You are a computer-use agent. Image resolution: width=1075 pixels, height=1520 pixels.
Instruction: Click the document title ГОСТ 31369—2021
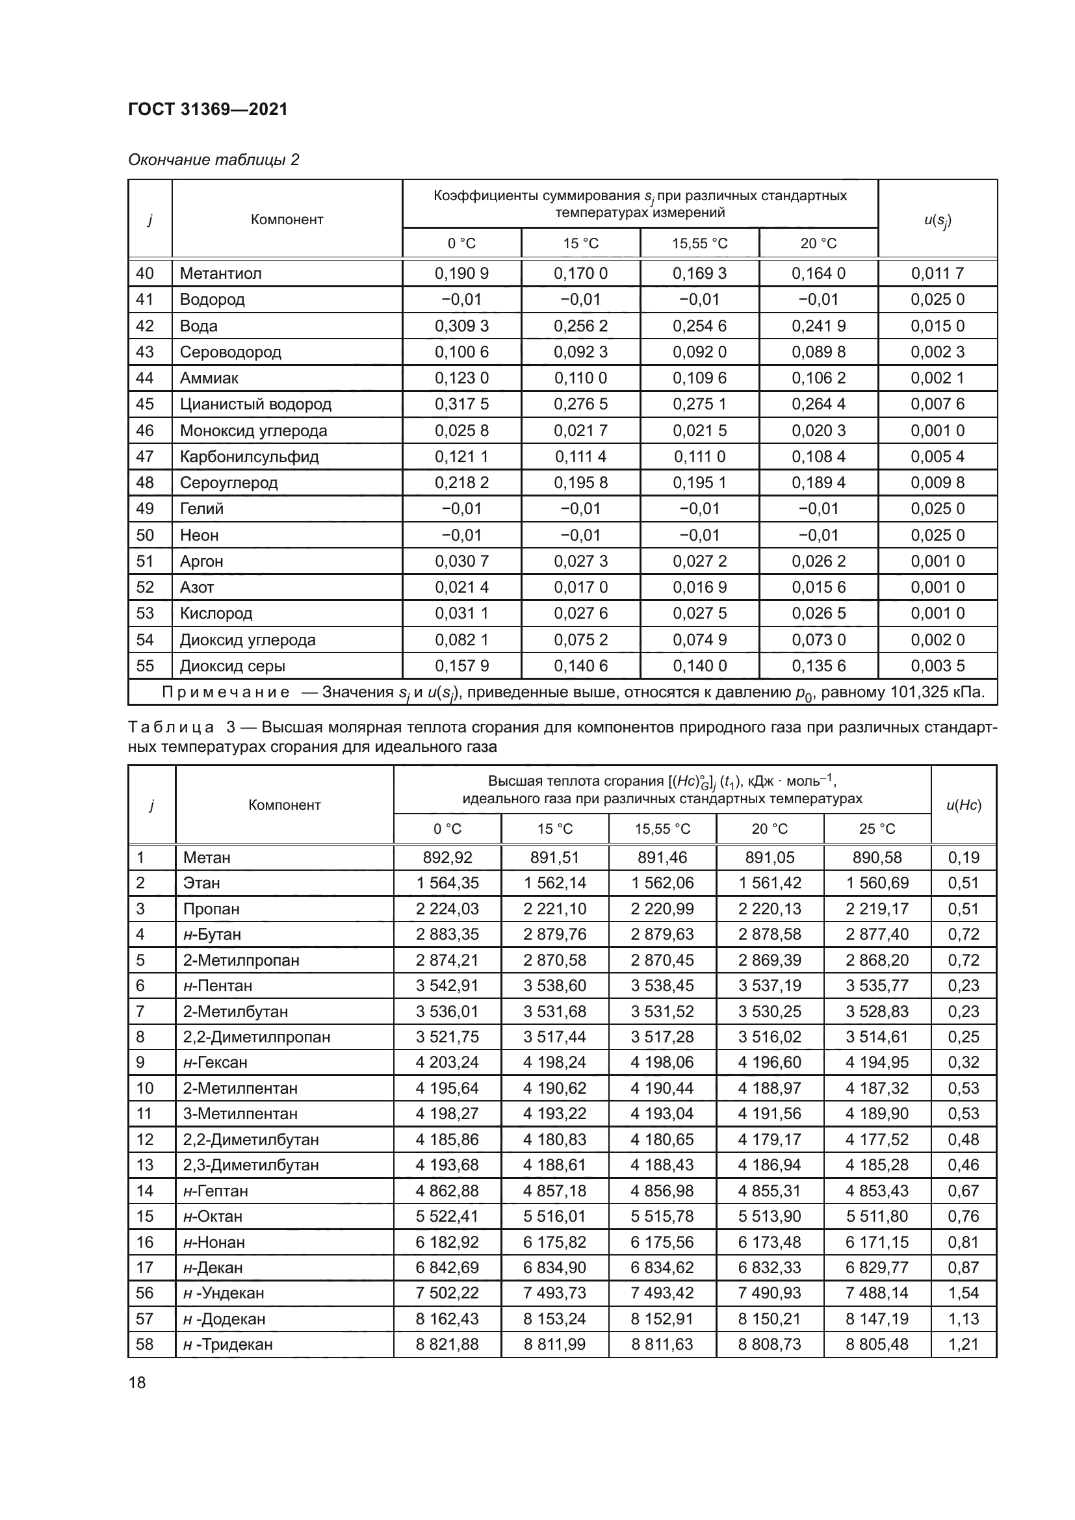point(208,109)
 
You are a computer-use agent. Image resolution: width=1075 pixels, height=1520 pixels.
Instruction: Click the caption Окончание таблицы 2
point(213,160)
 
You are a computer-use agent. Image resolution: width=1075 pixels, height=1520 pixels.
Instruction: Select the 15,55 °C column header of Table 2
point(700,244)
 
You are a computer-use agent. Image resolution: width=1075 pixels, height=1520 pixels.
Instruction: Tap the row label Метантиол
point(220,274)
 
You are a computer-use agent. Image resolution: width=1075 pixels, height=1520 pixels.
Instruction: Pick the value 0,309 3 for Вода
point(461,326)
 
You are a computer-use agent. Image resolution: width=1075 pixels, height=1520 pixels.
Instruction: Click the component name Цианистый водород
point(255,404)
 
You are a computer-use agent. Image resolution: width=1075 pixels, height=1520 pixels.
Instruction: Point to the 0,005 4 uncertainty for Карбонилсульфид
point(937,456)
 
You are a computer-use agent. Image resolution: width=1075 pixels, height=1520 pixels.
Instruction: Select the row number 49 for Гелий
point(145,508)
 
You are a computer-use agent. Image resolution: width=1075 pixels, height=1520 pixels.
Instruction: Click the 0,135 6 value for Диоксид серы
point(819,665)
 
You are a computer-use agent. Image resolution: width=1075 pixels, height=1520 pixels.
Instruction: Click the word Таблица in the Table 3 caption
point(172,728)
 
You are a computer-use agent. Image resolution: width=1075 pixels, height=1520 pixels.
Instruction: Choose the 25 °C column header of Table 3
point(877,829)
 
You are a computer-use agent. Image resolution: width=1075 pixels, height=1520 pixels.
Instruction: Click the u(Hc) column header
point(964,805)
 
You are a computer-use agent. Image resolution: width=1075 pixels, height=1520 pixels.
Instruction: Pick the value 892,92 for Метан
point(447,857)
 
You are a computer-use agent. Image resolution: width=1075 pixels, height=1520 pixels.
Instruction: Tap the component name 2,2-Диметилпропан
point(256,1037)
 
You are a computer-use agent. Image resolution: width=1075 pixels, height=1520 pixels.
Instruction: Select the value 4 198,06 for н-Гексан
point(662,1063)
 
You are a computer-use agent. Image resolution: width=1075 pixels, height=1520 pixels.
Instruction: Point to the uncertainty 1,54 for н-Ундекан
point(964,1293)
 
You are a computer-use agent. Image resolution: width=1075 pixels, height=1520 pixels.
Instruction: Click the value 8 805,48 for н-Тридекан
point(877,1344)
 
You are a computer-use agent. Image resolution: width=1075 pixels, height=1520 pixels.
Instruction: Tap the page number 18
point(137,1382)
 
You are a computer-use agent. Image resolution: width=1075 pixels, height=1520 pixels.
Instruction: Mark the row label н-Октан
point(213,1216)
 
